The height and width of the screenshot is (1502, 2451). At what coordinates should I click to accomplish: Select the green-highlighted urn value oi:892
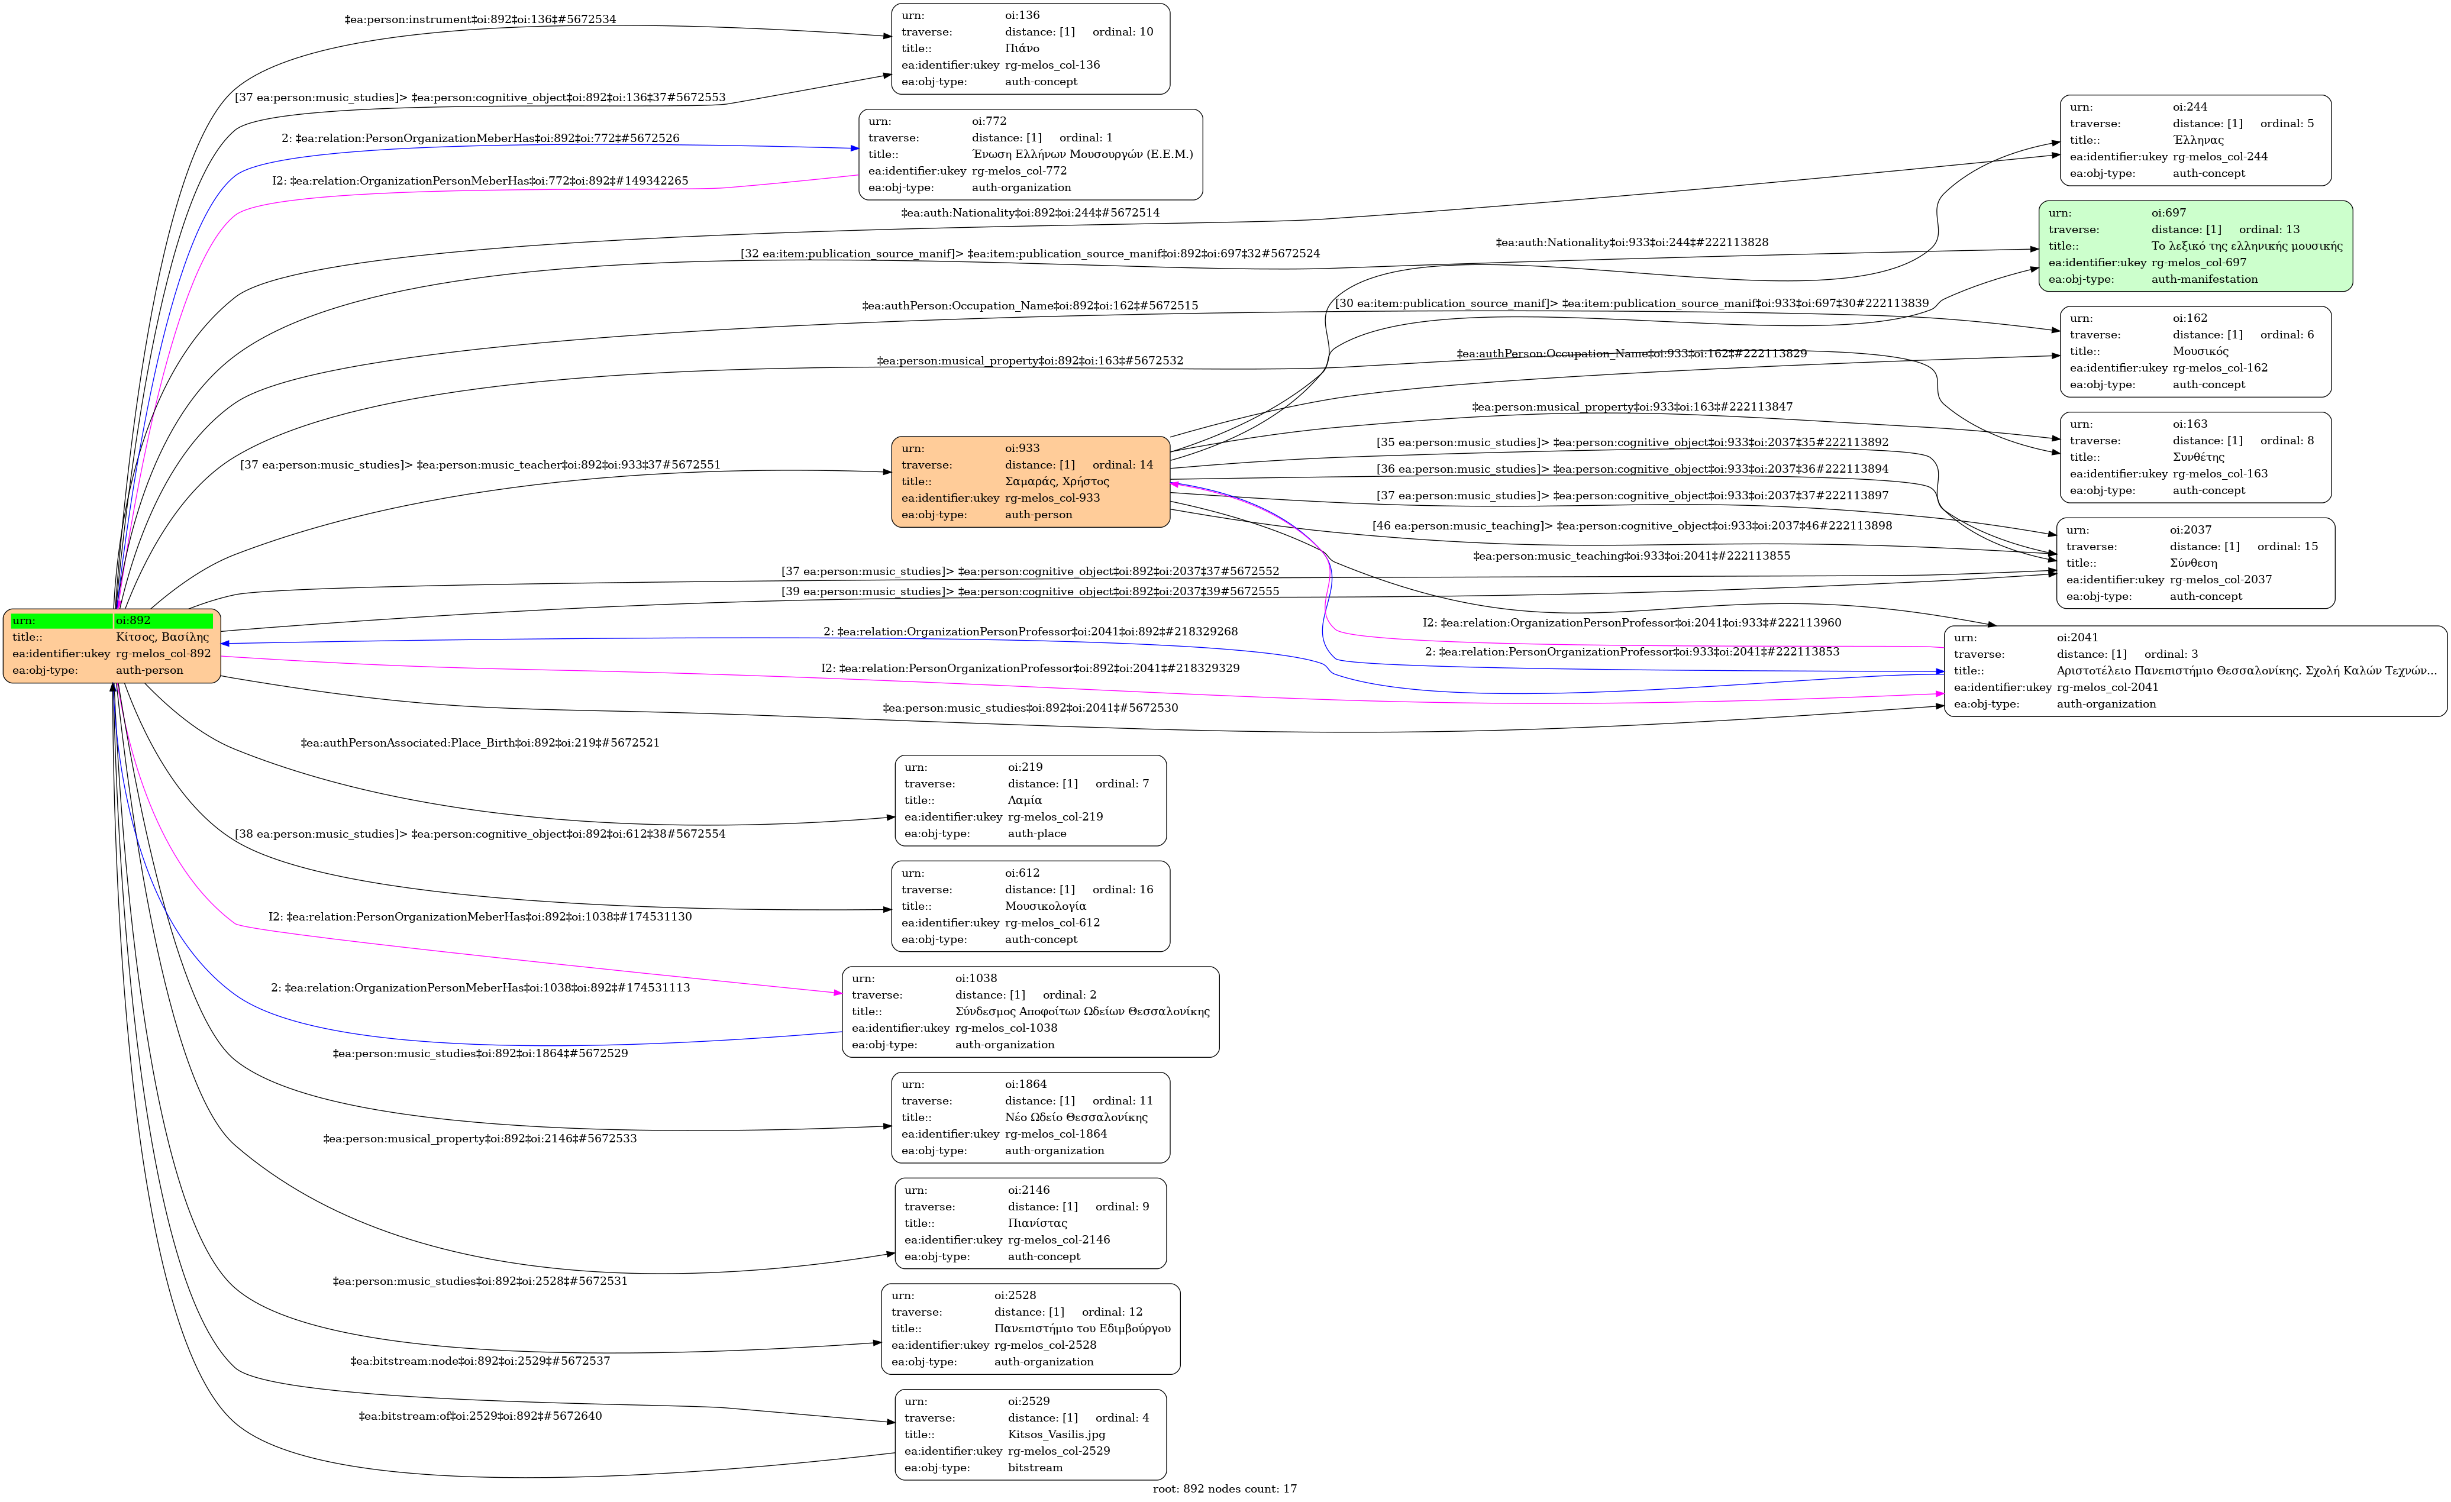162,621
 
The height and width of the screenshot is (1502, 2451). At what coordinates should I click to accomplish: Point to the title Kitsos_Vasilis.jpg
1055,1435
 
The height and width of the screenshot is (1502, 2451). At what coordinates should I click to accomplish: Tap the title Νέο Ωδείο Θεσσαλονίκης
1076,1117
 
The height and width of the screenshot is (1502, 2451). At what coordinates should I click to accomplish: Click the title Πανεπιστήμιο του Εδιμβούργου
1081,1329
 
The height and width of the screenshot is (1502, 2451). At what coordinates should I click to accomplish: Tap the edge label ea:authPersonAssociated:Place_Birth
479,743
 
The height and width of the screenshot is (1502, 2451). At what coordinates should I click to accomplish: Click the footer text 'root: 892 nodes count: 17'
1225,1489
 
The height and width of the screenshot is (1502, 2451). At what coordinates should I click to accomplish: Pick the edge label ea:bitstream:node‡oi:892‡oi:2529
479,1361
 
